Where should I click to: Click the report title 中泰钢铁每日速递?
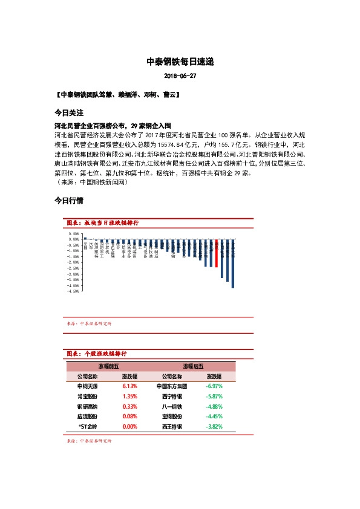pos(180,62)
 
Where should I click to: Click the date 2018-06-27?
pos(180,77)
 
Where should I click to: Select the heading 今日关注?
pos(64,113)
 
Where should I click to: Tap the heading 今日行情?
pos(64,199)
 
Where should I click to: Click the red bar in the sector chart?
pos(217,253)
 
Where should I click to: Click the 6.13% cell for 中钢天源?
pos(130,385)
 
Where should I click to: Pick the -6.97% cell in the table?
pos(214,385)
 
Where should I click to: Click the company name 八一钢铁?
pos(172,406)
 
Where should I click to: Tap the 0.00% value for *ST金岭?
pos(130,426)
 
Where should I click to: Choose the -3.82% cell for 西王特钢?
pos(214,426)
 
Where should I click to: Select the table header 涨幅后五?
pos(193,365)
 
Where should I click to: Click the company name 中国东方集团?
pos(172,385)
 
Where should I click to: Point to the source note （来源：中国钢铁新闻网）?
pos(92,181)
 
